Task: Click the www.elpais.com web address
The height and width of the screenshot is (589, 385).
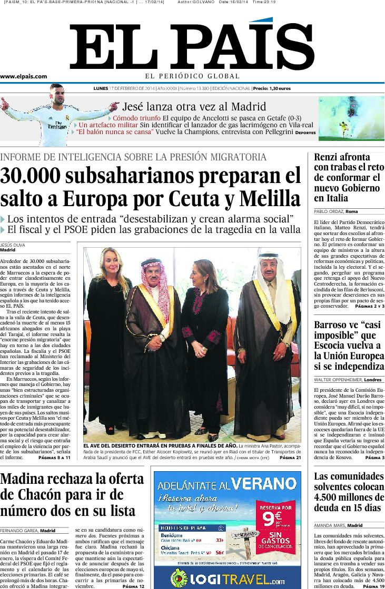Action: [24, 76]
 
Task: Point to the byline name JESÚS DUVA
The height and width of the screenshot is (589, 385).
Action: [13, 245]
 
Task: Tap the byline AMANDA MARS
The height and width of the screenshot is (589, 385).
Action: [329, 525]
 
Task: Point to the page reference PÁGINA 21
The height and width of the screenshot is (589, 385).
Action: [290, 458]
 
